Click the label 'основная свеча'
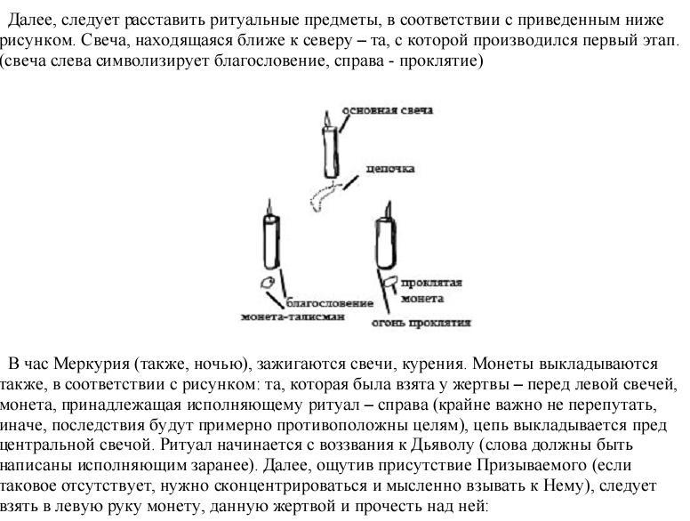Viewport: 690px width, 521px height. click(x=388, y=110)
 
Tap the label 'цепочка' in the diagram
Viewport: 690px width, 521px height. click(x=390, y=169)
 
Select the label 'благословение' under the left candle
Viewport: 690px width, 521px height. click(x=330, y=303)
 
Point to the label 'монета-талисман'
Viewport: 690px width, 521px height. click(x=293, y=317)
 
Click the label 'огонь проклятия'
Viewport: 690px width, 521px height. click(x=421, y=323)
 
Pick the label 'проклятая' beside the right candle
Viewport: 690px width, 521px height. click(x=431, y=283)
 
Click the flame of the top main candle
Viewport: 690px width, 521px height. click(x=326, y=118)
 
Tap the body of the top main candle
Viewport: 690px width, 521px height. click(x=331, y=152)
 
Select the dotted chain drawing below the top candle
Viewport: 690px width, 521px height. click(x=324, y=195)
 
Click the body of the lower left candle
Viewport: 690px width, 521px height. click(x=272, y=242)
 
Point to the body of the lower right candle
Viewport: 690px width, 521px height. click(x=386, y=244)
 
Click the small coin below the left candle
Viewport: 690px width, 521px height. click(x=268, y=283)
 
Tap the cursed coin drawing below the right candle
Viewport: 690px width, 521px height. click(x=389, y=282)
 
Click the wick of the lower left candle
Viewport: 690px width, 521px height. click(x=269, y=207)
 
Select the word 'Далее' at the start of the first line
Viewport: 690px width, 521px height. click(x=31, y=20)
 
